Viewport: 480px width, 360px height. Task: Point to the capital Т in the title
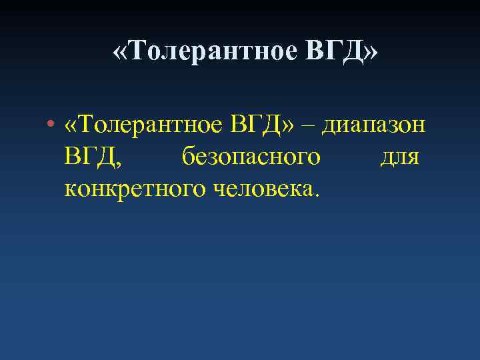click(x=135, y=51)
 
